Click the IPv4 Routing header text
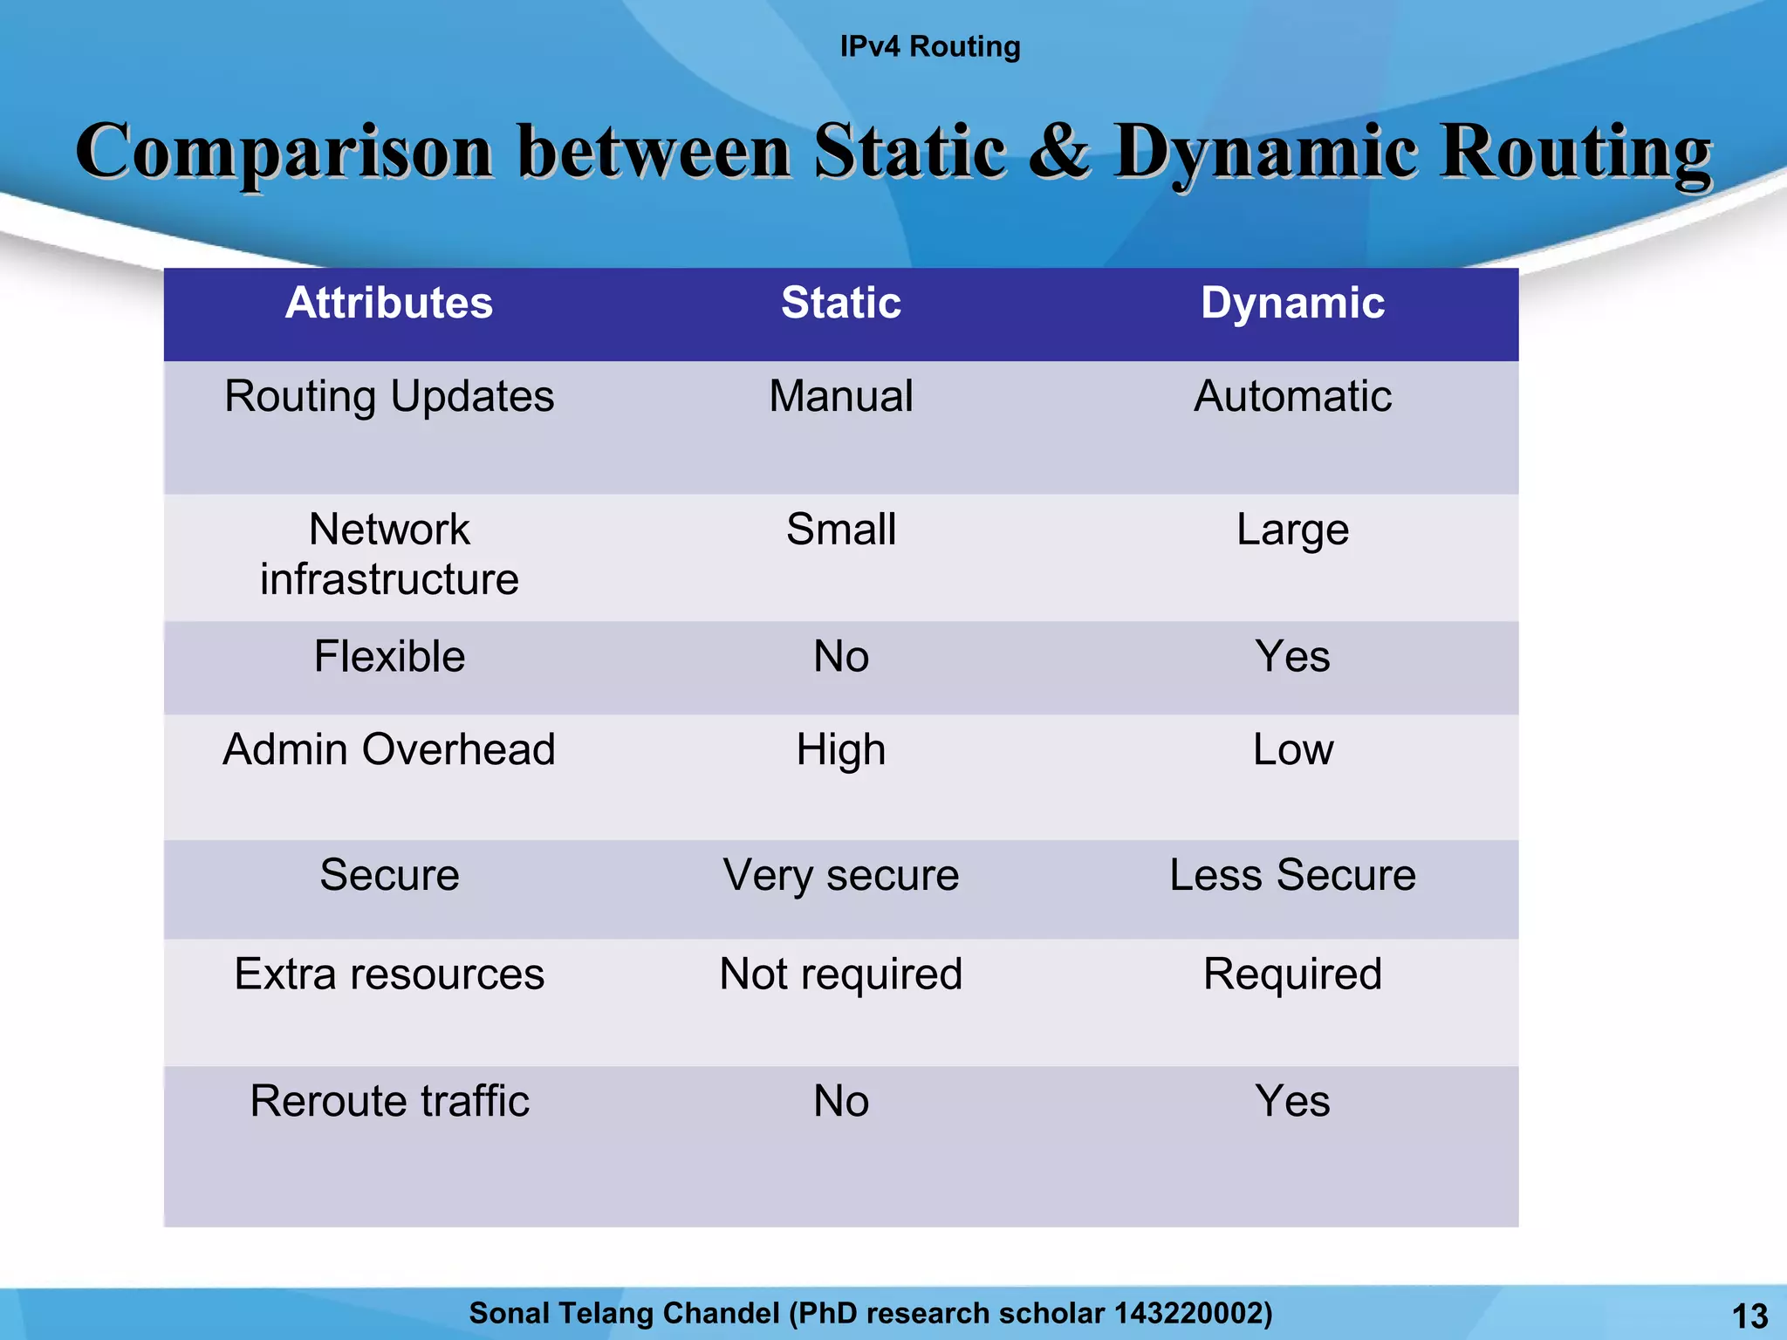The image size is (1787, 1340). coord(929,46)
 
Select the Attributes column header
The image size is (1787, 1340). coord(389,303)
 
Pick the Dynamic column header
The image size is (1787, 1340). coord(1292,303)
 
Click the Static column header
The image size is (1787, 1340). coord(840,303)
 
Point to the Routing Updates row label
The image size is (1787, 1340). coord(389,396)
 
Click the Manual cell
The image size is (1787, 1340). coord(840,396)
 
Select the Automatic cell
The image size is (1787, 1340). coord(1292,396)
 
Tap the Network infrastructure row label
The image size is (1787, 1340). coord(389,554)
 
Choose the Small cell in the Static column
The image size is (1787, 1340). coord(840,530)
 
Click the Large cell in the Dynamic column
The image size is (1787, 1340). coord(1292,530)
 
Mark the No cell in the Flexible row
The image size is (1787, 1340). coord(840,656)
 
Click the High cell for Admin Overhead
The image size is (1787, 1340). coord(840,749)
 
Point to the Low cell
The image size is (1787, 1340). coord(1292,749)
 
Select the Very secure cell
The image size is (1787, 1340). coord(840,875)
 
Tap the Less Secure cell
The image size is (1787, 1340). coord(1292,875)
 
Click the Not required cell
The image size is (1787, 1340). coord(840,974)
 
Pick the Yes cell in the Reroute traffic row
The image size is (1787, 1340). coord(1292,1101)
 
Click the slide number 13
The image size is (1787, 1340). coord(1749,1316)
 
